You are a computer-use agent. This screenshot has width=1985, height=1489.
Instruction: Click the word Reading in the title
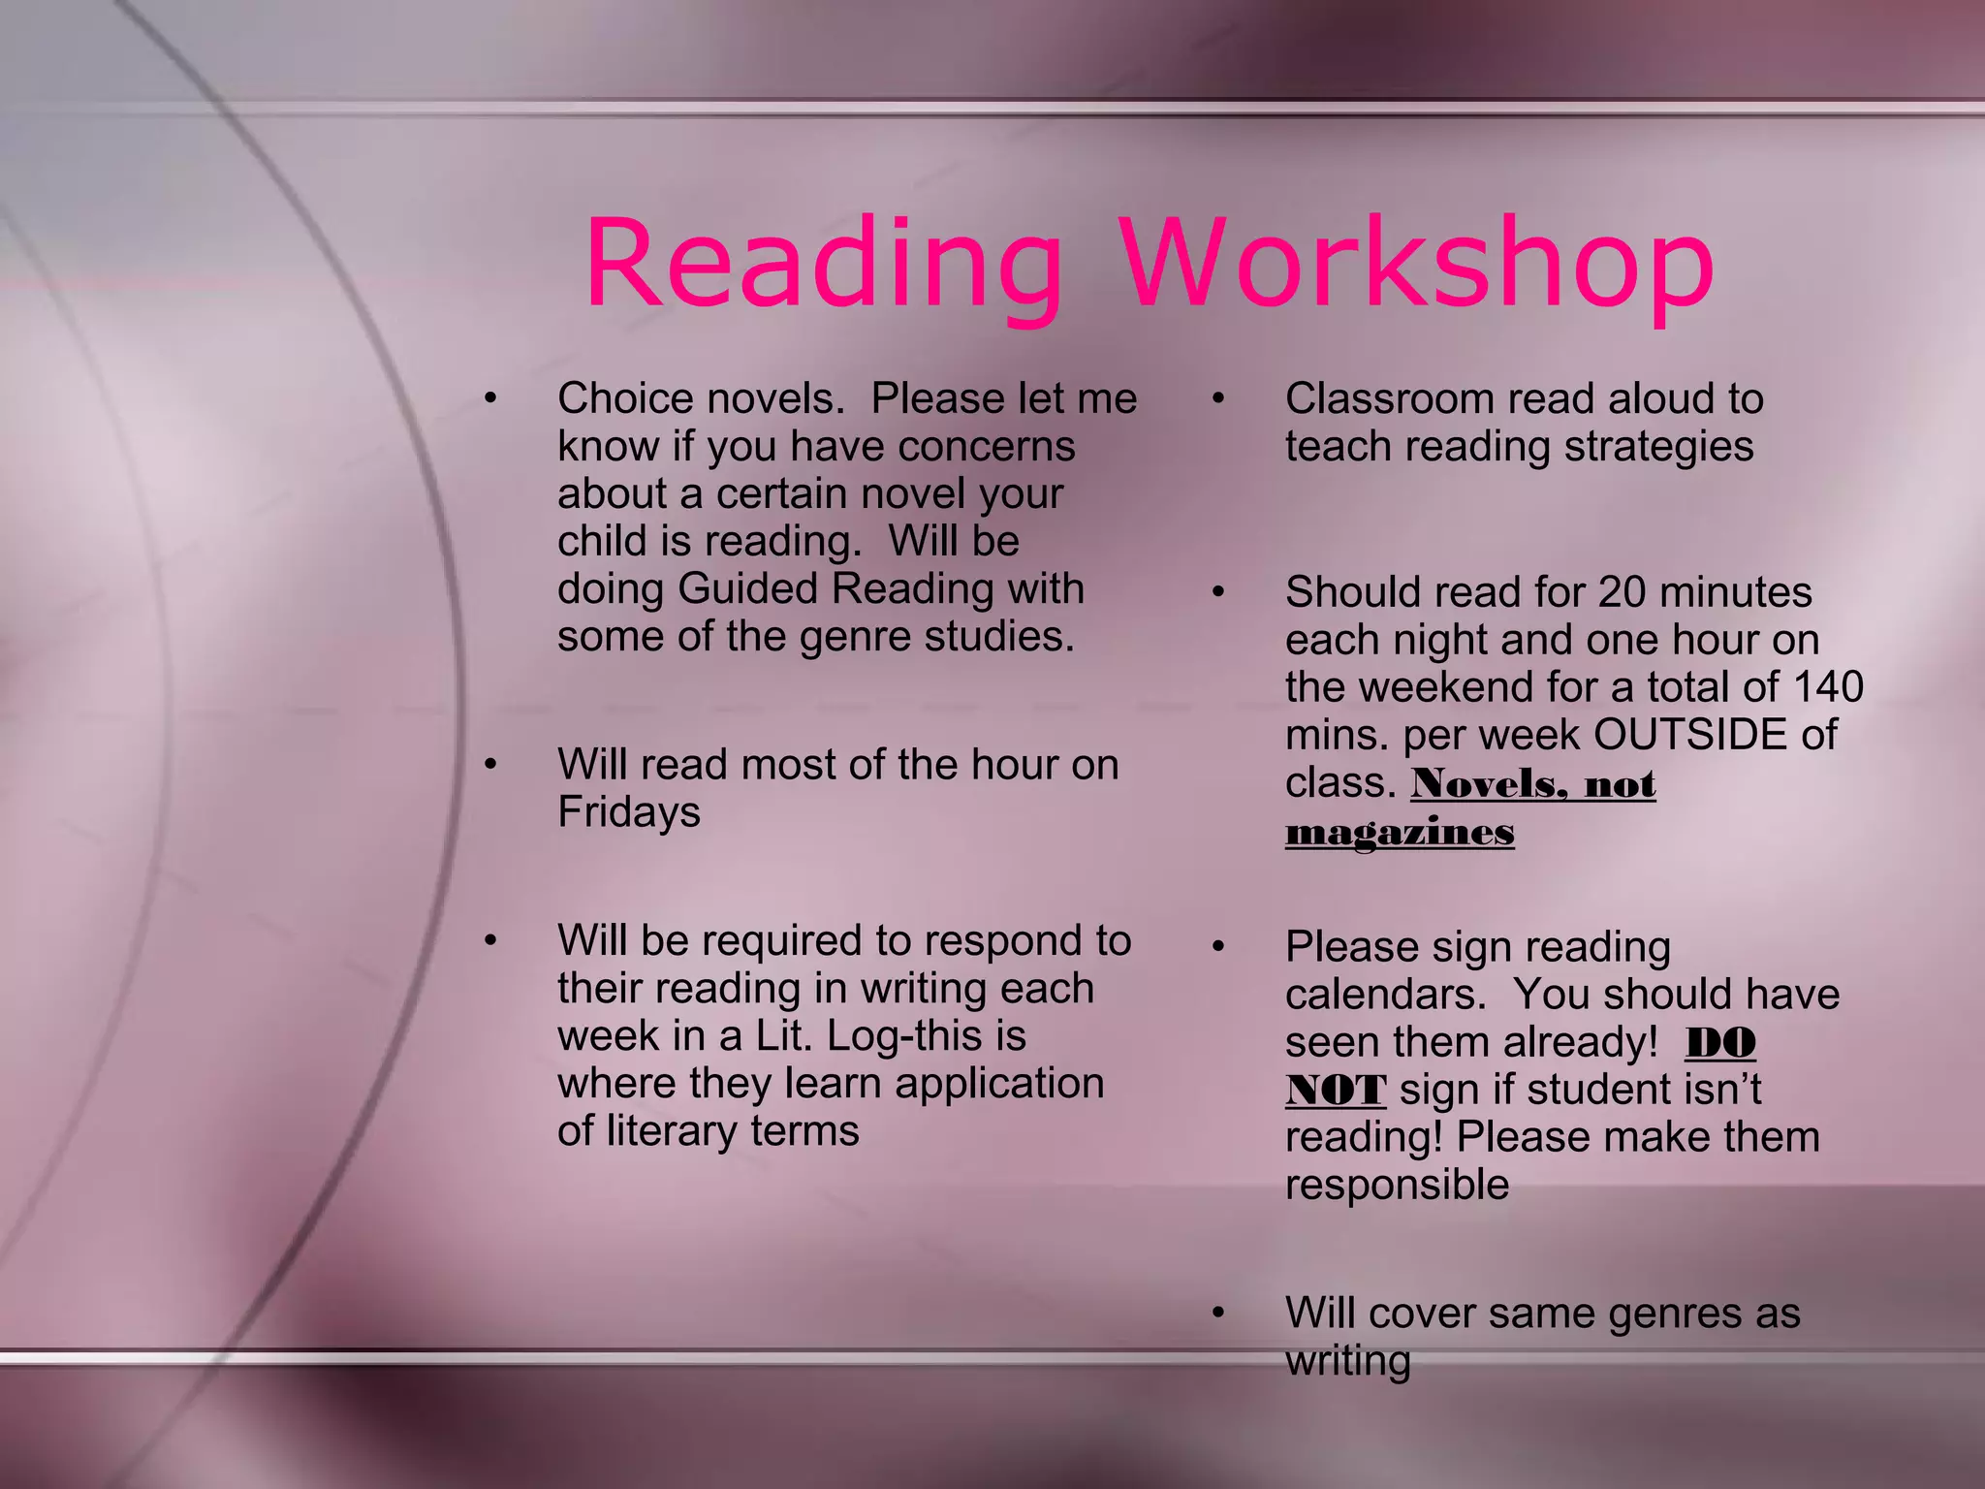point(824,264)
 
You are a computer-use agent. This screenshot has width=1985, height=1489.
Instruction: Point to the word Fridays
point(628,812)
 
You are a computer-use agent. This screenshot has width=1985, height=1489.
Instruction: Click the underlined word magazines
point(1400,832)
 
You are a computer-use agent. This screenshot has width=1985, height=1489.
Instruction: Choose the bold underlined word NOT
point(1335,1090)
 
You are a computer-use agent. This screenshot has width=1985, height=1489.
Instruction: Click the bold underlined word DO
point(1720,1043)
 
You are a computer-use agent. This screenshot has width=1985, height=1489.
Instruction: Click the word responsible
point(1397,1185)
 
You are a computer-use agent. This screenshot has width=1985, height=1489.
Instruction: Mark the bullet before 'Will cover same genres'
point(1218,1313)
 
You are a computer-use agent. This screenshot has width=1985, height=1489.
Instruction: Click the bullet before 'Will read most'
point(491,765)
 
